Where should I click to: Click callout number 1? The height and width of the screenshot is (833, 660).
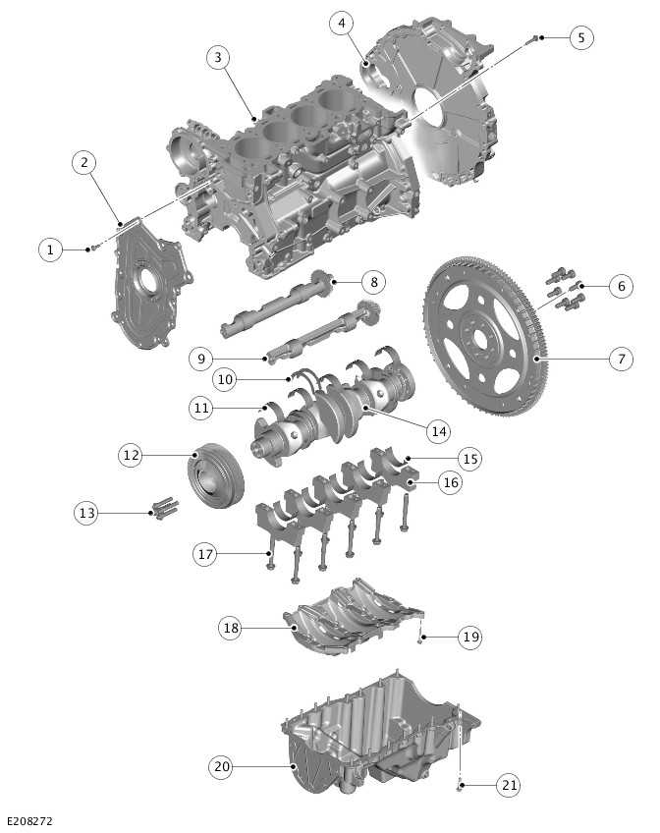point(50,250)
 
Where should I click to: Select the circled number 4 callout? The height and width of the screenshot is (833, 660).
point(341,23)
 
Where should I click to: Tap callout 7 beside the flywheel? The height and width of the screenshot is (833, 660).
point(620,359)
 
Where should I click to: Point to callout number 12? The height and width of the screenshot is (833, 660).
point(131,455)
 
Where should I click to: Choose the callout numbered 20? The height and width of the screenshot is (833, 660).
point(221,765)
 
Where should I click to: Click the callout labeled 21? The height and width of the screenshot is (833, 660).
point(508,785)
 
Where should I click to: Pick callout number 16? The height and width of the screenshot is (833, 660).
point(450,482)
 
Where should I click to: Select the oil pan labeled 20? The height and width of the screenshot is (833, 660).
point(383,737)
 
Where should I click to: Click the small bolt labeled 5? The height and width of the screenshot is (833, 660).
point(533,39)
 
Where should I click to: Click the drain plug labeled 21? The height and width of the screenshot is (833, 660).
point(459,786)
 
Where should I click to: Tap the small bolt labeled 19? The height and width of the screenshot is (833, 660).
point(421,640)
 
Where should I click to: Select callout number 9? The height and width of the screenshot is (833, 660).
point(200,359)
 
